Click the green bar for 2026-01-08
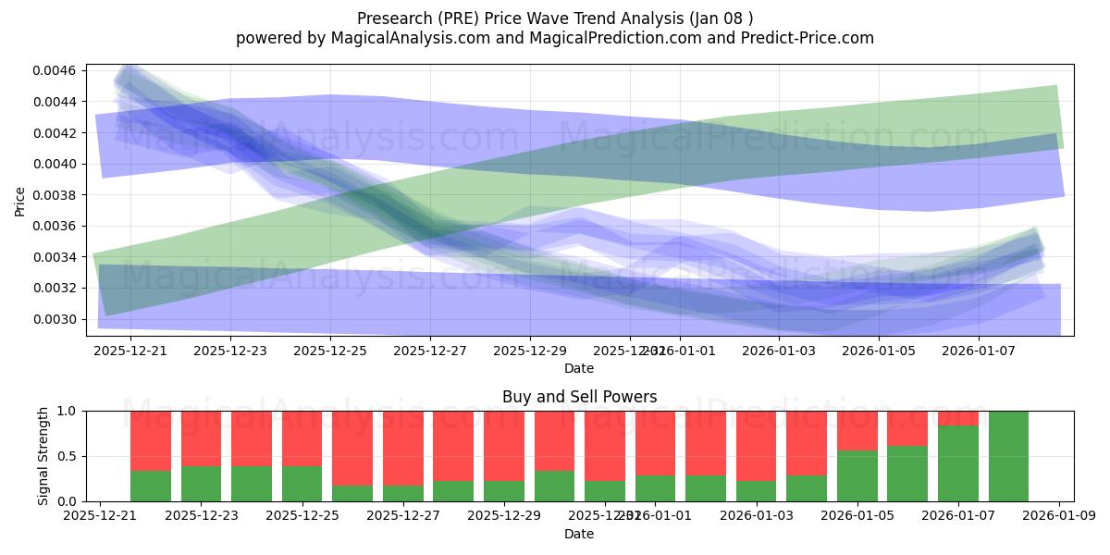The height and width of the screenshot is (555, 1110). pos(1008,456)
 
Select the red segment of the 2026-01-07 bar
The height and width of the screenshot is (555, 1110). pos(958,418)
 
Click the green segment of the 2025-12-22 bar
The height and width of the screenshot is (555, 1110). pos(151,487)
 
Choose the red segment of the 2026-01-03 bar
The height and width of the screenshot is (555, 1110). pos(757,446)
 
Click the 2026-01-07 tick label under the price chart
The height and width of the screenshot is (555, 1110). pos(980,351)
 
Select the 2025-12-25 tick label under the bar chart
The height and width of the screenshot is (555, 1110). pos(302,517)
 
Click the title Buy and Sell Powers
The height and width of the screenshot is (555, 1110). pos(579,397)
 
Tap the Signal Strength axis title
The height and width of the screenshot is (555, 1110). pos(43,456)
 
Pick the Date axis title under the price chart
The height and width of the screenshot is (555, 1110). pos(579,368)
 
